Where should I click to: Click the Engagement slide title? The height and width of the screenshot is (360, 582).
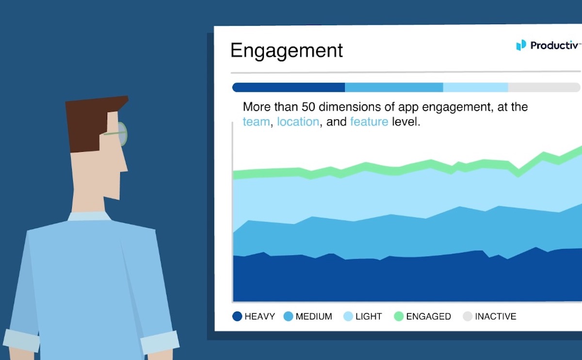point(286,50)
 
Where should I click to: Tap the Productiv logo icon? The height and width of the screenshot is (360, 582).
point(521,45)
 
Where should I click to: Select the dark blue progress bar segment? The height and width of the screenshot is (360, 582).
point(289,87)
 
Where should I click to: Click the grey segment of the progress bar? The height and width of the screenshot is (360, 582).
point(543,87)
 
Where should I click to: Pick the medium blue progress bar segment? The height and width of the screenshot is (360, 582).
point(394,87)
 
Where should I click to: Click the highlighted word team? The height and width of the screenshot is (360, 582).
point(256,122)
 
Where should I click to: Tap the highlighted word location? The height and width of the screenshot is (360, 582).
point(298,122)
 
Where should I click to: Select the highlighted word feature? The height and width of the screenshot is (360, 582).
point(369,122)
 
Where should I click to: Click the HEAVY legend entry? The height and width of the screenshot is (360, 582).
point(254,316)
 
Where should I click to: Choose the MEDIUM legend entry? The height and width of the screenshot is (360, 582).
point(308,316)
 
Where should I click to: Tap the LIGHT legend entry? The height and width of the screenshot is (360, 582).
point(363,316)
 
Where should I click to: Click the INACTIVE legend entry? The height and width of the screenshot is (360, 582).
point(489,316)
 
